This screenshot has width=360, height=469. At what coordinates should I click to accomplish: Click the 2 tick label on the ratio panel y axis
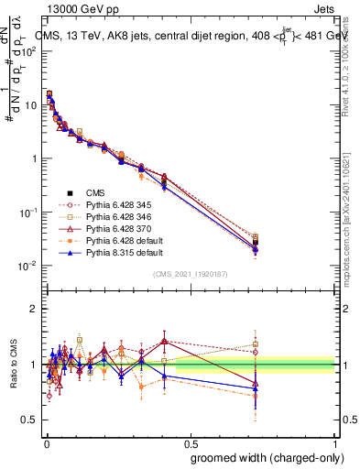35,309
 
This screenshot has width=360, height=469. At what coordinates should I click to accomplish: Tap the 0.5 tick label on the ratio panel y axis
31,420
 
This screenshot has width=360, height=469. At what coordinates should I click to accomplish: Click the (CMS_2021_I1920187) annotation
191,273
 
